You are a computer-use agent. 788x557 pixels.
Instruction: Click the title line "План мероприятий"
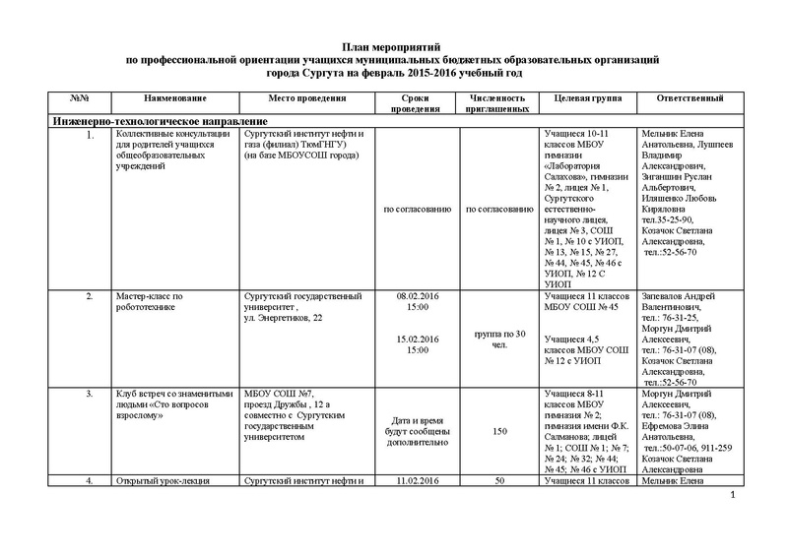[x=393, y=47]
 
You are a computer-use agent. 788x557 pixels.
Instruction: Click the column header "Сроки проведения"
[x=415, y=105]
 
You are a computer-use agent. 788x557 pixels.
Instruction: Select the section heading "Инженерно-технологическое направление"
[x=147, y=120]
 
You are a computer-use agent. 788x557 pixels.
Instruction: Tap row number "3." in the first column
[x=91, y=393]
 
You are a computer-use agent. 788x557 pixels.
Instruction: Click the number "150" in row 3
[x=499, y=431]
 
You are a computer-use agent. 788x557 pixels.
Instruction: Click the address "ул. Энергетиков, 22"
[x=281, y=319]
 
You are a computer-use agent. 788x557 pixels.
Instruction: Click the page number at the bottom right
[x=735, y=507]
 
